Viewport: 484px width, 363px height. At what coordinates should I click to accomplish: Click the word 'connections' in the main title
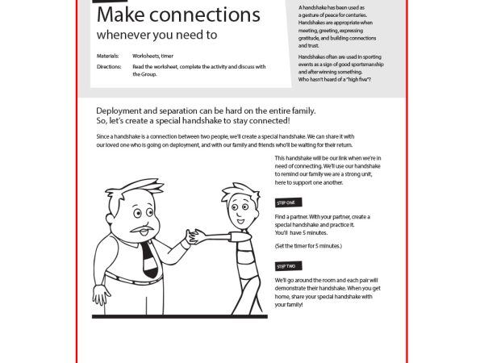coord(206,15)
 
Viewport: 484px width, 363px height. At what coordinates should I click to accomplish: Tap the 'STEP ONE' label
coord(286,202)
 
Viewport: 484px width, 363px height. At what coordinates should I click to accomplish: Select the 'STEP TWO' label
coord(286,265)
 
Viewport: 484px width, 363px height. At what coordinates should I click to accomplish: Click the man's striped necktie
coord(148,257)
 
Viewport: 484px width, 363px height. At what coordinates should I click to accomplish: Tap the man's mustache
coord(142,232)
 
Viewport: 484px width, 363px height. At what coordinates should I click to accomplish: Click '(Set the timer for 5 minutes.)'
coord(308,245)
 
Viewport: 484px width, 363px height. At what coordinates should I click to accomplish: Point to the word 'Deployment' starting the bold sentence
coord(123,111)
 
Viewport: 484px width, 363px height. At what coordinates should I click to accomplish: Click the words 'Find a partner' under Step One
coord(294,217)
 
